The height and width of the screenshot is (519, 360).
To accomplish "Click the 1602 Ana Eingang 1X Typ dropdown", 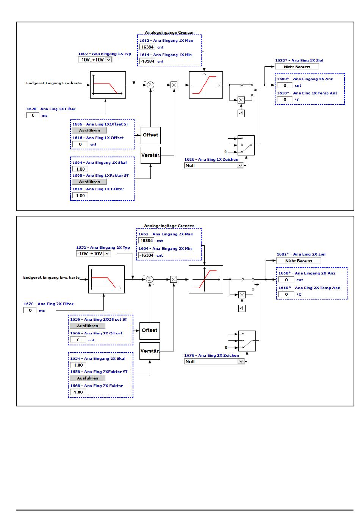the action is tap(95, 60).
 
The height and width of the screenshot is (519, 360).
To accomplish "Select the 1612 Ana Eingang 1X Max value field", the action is tap(147, 47).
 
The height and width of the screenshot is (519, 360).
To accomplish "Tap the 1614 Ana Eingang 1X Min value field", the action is tap(147, 61).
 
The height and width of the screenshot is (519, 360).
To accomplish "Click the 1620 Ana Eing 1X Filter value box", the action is tap(33, 115).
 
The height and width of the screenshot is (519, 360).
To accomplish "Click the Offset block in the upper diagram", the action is tap(150, 135).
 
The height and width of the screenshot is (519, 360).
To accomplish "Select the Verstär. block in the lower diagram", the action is tap(149, 351).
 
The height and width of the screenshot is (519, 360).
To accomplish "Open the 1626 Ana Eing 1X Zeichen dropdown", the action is tap(214, 165).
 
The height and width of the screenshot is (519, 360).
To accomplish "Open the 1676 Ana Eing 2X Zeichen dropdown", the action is tap(214, 361).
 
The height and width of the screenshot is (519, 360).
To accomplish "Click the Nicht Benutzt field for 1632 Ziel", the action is tap(296, 67).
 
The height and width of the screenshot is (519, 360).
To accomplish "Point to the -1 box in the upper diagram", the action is tap(241, 113).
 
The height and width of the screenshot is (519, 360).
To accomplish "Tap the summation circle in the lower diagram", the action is tap(149, 279).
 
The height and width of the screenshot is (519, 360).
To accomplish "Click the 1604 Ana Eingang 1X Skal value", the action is tap(80, 169).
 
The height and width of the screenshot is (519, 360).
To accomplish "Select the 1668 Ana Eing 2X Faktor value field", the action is tap(78, 392).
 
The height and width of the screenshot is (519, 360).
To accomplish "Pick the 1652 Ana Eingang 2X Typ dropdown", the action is tap(93, 254).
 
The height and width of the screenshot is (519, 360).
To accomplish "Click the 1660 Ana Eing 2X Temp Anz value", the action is tap(286, 294).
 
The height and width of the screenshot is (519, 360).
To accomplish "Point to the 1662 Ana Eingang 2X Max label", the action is tap(166, 234).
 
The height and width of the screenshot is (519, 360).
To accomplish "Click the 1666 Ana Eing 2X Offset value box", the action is tap(78, 340).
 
